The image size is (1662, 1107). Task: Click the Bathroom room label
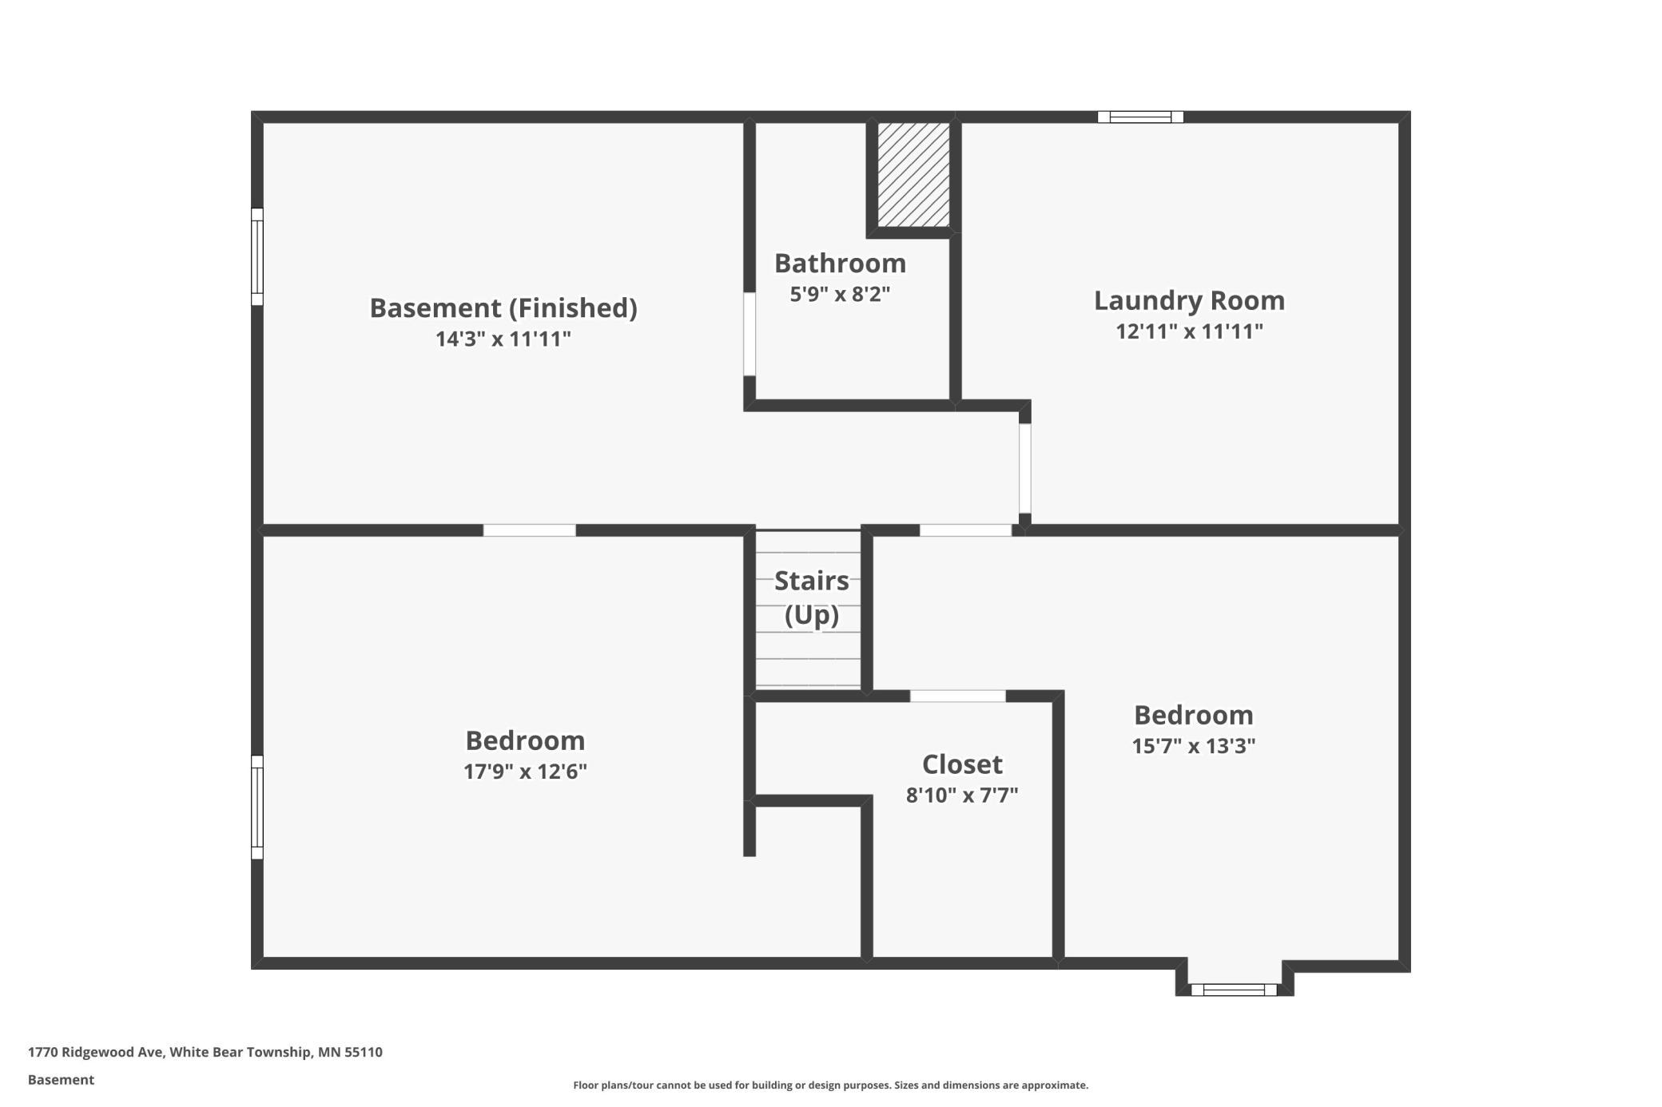tap(840, 264)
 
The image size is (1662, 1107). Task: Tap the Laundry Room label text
tap(1189, 301)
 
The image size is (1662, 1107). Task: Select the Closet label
tap(962, 764)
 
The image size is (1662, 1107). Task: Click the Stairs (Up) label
tap(812, 597)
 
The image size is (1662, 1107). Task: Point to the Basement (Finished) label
tap(503, 308)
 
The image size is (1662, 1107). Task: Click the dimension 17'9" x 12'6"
tap(525, 772)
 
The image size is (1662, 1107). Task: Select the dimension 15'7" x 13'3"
tap(1194, 746)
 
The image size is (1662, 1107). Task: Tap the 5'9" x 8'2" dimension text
tap(840, 294)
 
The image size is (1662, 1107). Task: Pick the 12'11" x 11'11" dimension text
tap(1189, 331)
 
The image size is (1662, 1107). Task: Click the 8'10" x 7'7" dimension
tap(962, 796)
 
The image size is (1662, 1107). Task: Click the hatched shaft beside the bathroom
tap(914, 175)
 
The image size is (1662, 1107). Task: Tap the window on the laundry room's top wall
tap(1140, 117)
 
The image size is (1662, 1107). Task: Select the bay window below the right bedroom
tap(1234, 990)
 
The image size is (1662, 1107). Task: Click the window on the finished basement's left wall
tap(257, 256)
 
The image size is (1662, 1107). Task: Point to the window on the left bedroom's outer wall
tap(257, 807)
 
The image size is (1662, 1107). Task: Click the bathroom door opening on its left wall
tap(749, 334)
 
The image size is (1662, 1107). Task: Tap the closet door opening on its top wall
tap(958, 696)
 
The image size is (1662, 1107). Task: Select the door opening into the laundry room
tap(1025, 469)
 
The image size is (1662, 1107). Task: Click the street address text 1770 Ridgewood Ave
tap(96, 1052)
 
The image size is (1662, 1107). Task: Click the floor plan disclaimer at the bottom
tap(831, 1085)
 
